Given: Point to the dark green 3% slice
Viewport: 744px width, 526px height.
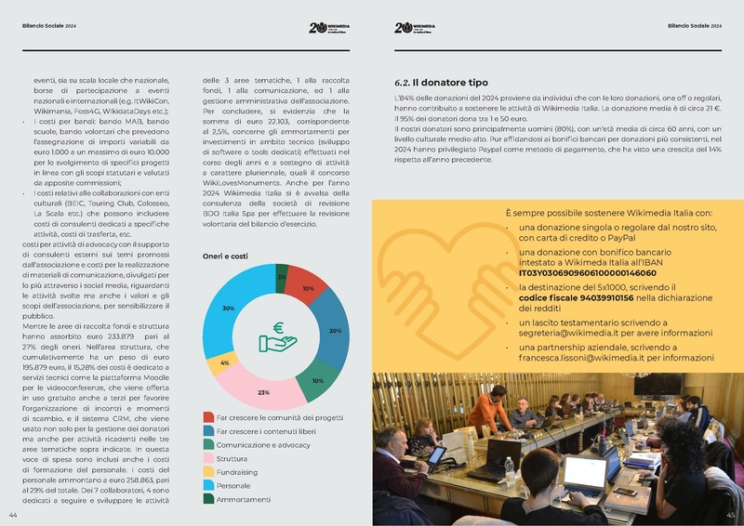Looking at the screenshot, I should tap(281, 276).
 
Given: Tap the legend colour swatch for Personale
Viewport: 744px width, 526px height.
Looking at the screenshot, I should tap(208, 485).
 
